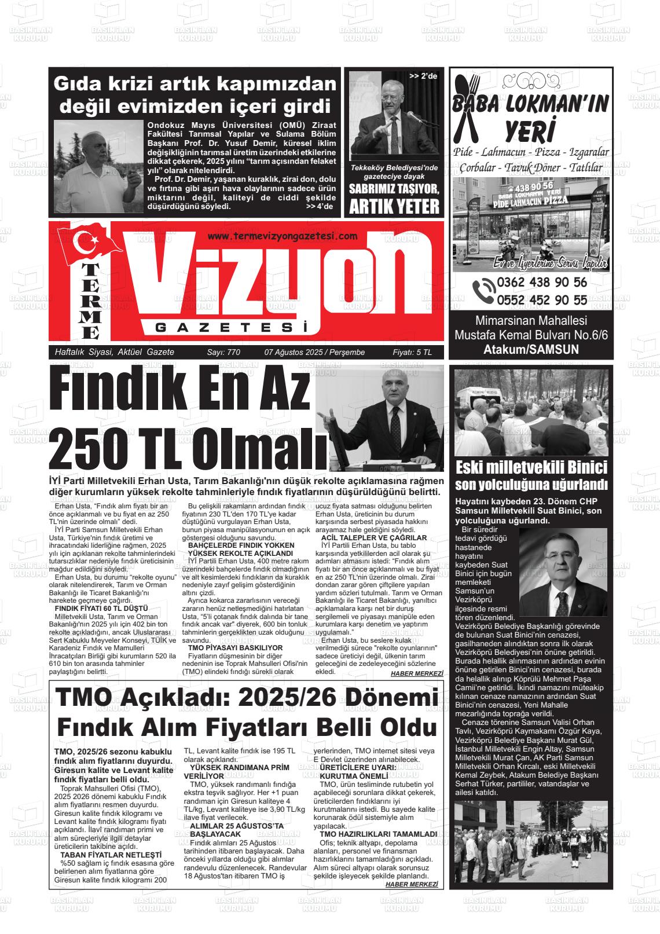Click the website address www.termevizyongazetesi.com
[x=282, y=236]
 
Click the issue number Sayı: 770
[x=223, y=353]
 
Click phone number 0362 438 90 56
[x=541, y=283]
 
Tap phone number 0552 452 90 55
[x=541, y=300]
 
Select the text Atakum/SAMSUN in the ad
[x=531, y=349]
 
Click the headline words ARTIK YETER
[x=394, y=206]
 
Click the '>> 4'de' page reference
[x=319, y=206]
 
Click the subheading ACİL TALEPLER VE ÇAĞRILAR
[x=373, y=538]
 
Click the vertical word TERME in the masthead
[x=91, y=302]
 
